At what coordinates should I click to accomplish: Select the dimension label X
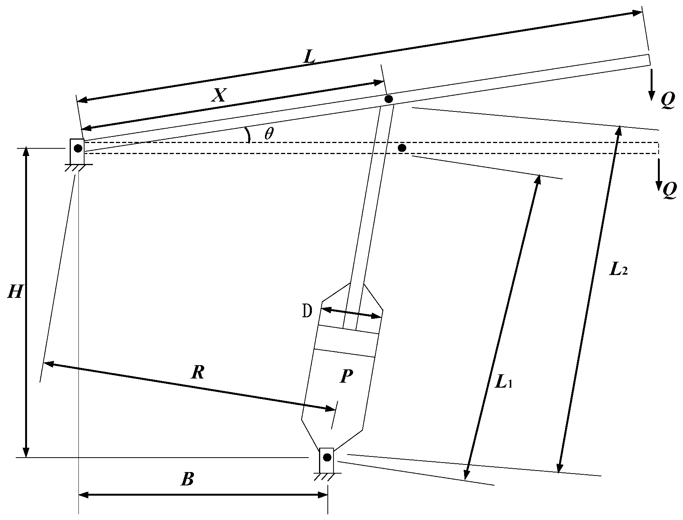pos(218,95)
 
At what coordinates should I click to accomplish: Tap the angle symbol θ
pos(269,134)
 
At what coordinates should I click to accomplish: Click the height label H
pos(15,292)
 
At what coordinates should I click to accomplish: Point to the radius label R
pos(198,372)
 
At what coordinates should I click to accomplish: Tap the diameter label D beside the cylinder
pos(307,312)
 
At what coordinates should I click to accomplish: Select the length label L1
pos(503,382)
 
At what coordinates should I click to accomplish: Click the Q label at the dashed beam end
pos(669,190)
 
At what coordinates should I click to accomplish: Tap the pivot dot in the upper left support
pos(78,148)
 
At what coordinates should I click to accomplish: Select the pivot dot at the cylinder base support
pos(327,457)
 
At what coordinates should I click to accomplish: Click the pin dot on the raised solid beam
pos(388,99)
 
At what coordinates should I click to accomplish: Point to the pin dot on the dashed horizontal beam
pos(402,148)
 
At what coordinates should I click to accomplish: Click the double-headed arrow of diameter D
pos(351,312)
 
